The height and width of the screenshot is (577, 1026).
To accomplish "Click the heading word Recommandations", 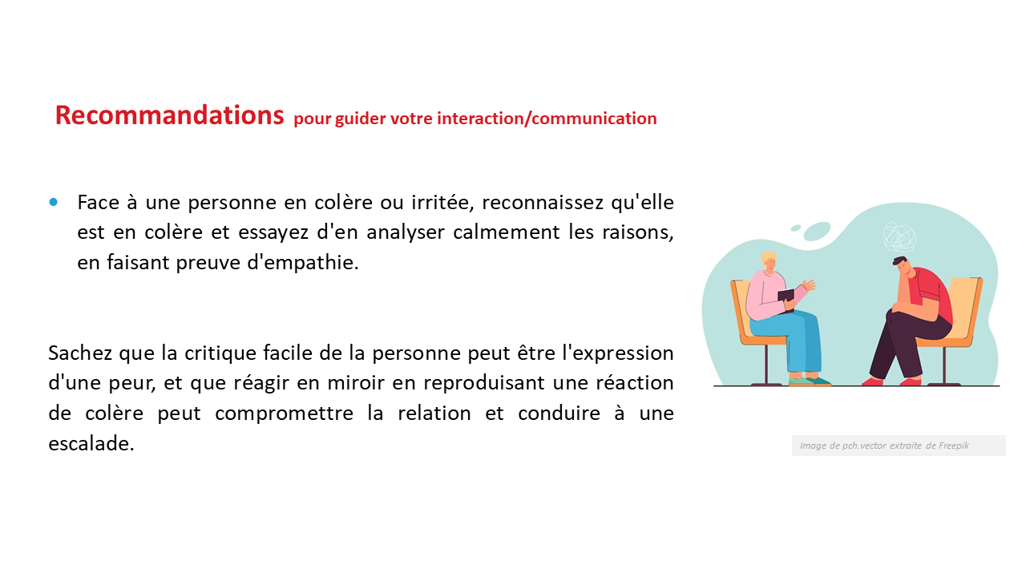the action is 169,115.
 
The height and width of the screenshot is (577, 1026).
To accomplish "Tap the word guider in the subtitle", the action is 361,119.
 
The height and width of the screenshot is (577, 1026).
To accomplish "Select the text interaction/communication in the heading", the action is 547,119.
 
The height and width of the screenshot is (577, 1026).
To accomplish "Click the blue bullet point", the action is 54,202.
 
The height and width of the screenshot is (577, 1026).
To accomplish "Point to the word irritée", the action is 442,203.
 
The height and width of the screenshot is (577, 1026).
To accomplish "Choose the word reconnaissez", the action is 543,203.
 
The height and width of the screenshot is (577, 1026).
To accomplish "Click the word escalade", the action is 91,444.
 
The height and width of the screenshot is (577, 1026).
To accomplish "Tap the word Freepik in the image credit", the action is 954,446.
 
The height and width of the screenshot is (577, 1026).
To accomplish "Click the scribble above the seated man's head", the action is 899,236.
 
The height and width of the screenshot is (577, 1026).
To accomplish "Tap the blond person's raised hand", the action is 808,285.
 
